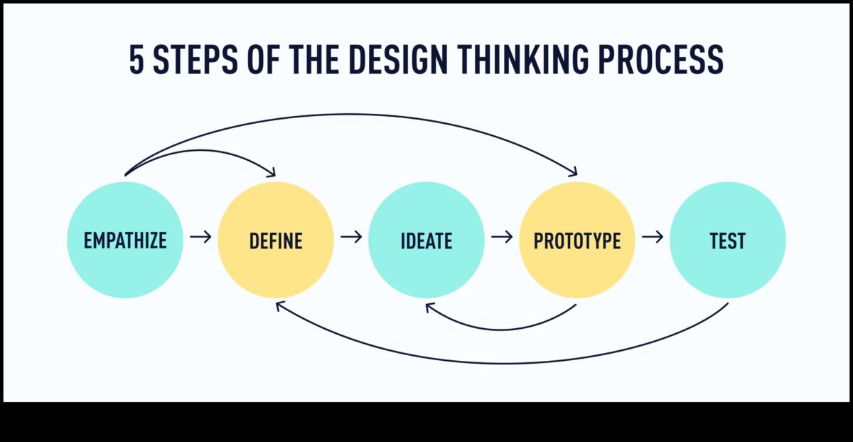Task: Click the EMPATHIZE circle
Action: (125, 240)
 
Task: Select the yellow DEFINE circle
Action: (276, 240)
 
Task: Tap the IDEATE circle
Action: (426, 240)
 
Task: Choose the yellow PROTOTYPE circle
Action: (577, 240)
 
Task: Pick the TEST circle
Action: (728, 240)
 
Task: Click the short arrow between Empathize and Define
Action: (200, 237)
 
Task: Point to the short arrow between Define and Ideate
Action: (351, 237)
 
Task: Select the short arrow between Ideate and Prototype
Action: (502, 237)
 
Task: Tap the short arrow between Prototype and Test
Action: (653, 237)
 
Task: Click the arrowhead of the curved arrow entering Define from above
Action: (272, 173)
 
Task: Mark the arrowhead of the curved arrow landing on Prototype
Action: (574, 173)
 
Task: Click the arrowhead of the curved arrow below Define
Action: (279, 305)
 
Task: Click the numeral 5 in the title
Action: (136, 59)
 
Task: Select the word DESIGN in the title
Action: (398, 59)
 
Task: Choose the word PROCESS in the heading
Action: (660, 59)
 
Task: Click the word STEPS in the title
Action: (195, 59)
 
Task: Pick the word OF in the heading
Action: (264, 59)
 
